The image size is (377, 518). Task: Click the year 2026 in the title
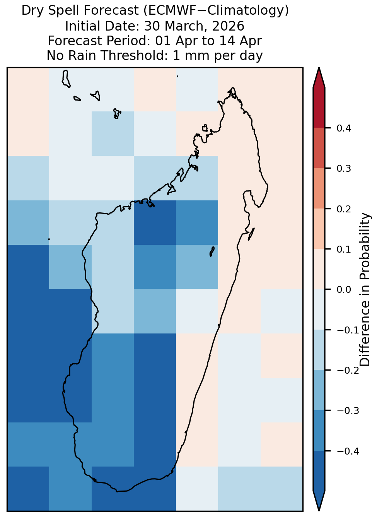[228, 26]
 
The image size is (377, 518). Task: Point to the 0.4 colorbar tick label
[343, 128]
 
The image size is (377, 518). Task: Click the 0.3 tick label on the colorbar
[343, 169]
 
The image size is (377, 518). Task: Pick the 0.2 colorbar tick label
[343, 209]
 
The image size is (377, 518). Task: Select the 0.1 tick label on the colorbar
[343, 249]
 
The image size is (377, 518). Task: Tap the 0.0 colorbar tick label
[343, 289]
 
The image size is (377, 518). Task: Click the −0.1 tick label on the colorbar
[348, 330]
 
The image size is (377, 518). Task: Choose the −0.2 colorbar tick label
[348, 371]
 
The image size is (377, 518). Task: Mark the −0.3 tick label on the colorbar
[348, 411]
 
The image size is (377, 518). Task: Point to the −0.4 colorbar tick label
[348, 451]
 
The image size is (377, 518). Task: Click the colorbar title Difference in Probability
[365, 289]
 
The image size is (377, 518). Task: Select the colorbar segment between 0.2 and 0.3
[319, 189]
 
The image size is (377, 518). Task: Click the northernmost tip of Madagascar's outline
[232, 88]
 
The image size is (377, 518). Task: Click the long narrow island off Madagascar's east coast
[251, 234]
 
